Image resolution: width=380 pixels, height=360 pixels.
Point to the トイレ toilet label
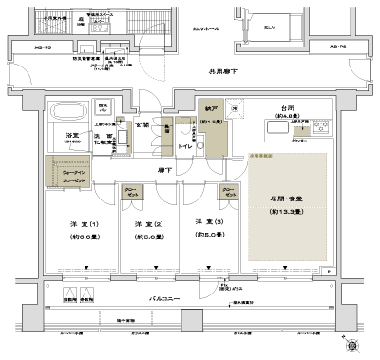coord(185,147)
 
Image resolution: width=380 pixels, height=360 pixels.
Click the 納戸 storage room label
coord(213,111)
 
